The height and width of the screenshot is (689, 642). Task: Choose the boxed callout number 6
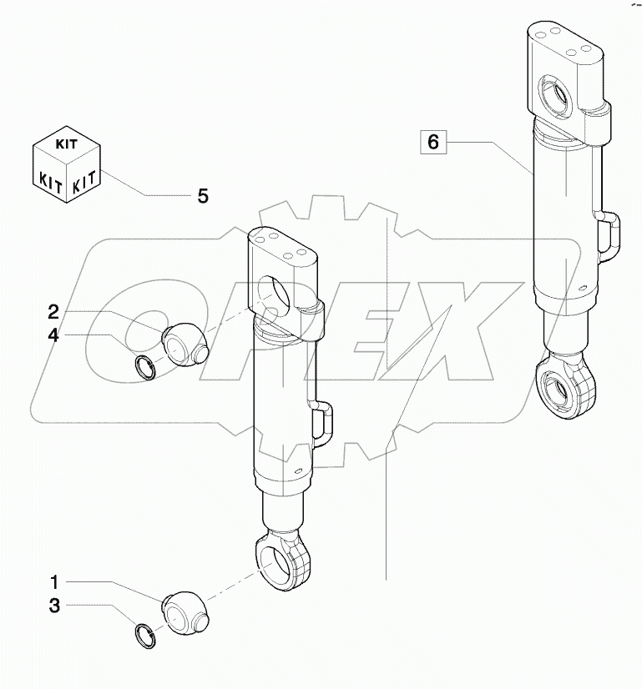432,142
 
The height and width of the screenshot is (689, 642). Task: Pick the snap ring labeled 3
146,634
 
